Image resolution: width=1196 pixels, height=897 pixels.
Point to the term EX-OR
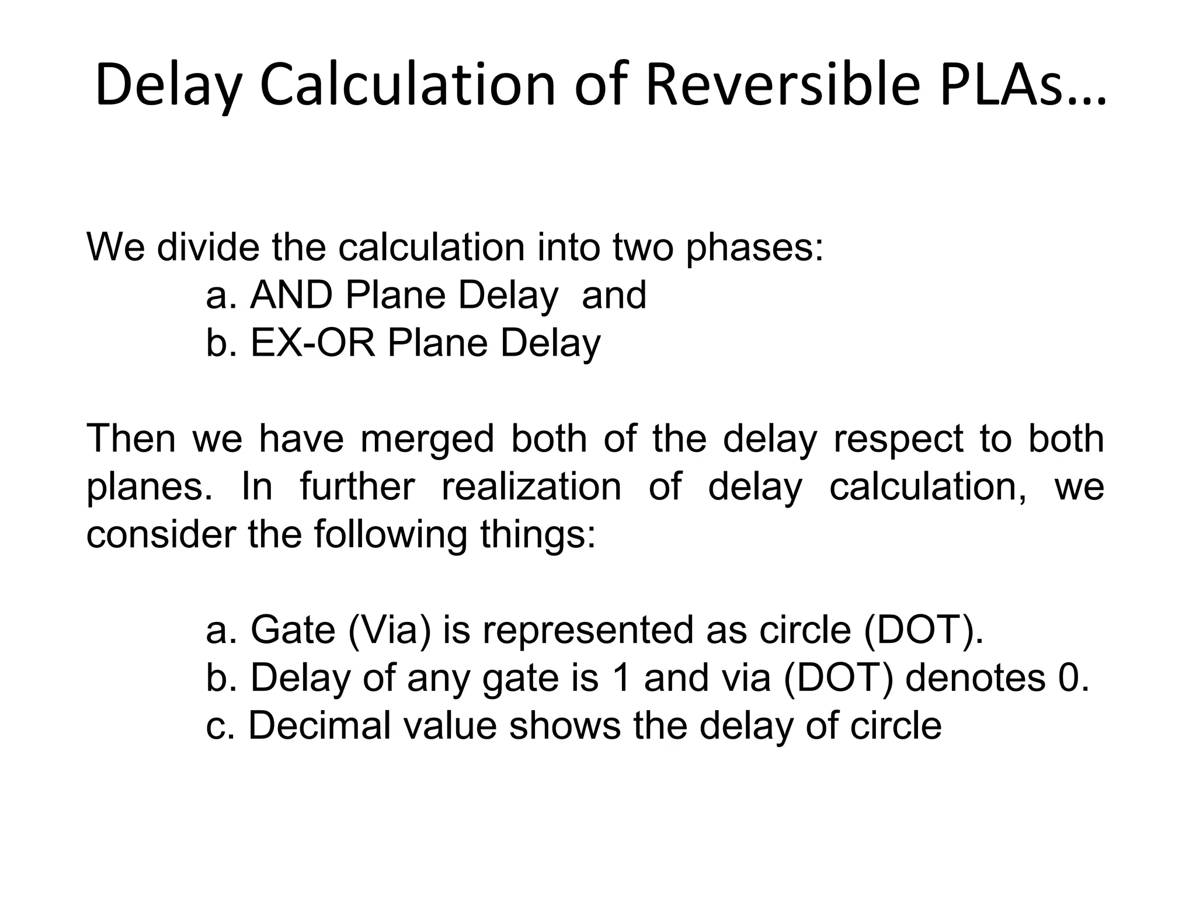pyautogui.click(x=312, y=343)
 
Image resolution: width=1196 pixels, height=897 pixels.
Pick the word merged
pyautogui.click(x=427, y=439)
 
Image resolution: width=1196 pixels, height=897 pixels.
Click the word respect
pyautogui.click(x=898, y=439)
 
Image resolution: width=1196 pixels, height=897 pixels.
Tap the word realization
pyautogui.click(x=531, y=487)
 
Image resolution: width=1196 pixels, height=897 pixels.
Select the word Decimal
pyautogui.click(x=319, y=726)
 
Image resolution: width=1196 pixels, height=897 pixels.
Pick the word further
pyautogui.click(x=357, y=487)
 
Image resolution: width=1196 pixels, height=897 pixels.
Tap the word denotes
pyautogui.click(x=975, y=679)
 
